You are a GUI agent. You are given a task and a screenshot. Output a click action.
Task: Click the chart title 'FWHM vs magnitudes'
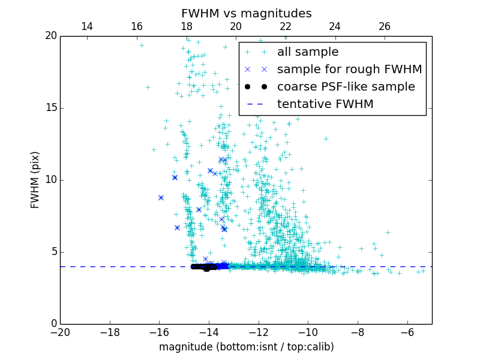click(246, 13)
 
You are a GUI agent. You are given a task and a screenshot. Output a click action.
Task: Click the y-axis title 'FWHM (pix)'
click(35, 179)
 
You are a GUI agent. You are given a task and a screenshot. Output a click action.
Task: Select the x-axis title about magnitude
click(246, 347)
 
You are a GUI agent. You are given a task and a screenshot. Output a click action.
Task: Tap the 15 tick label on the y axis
click(50, 108)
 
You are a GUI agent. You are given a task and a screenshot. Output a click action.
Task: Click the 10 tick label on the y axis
click(50, 180)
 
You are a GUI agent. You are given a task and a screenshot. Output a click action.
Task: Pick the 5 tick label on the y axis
click(53, 252)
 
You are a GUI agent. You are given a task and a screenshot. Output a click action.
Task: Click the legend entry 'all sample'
click(307, 52)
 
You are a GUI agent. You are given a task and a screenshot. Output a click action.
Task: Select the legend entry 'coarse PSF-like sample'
click(346, 87)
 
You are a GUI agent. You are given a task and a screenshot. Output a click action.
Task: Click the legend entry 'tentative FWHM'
click(325, 104)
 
